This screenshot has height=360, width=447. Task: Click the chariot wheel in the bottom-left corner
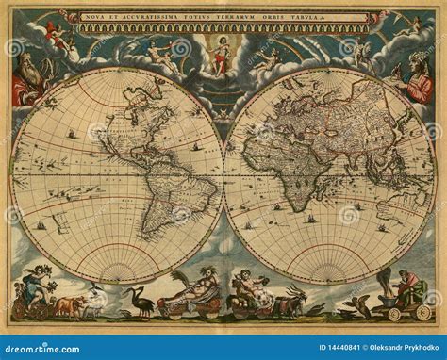[18, 310]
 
